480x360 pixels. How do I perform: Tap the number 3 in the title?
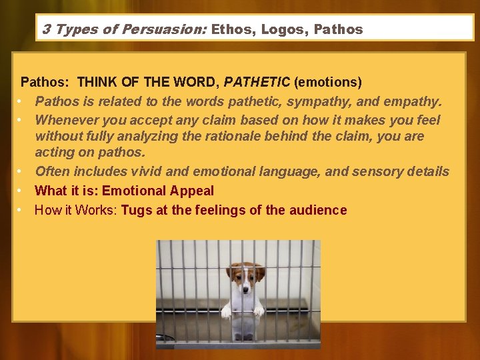tap(45, 29)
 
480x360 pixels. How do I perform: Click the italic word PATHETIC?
tap(257, 83)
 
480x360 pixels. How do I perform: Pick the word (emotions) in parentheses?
tap(328, 83)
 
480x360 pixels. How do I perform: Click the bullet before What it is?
tap(21, 191)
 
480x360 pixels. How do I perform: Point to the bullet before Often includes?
tap(21, 172)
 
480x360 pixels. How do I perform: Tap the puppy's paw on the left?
tap(227, 311)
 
